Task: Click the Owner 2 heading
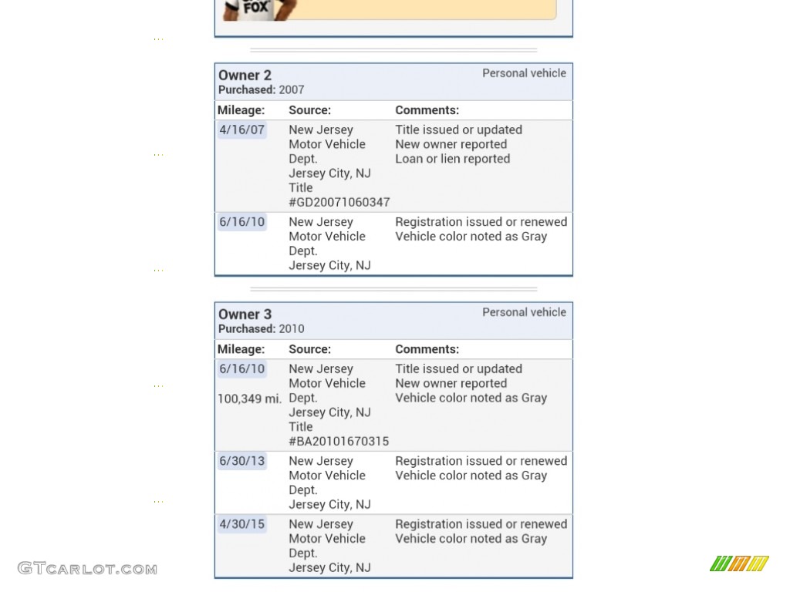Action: tap(245, 76)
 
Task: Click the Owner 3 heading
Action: tap(245, 314)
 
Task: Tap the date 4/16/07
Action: tap(241, 130)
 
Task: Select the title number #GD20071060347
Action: tap(339, 202)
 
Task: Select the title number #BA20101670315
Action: tap(339, 441)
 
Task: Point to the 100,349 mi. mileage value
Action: tap(249, 399)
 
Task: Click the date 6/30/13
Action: tap(241, 461)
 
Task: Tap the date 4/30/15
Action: tap(241, 524)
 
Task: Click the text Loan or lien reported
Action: tap(452, 159)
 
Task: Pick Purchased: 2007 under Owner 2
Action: tap(261, 90)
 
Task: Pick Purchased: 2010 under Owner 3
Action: tap(261, 329)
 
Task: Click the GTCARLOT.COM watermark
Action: tap(87, 569)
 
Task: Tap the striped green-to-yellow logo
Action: tap(739, 563)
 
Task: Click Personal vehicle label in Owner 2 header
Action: tap(524, 73)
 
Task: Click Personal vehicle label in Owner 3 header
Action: tap(524, 312)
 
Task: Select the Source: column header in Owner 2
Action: tap(309, 110)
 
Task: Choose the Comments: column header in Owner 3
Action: tap(427, 349)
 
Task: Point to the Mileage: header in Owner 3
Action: tap(241, 349)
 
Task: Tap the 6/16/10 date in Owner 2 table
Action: tap(241, 222)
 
